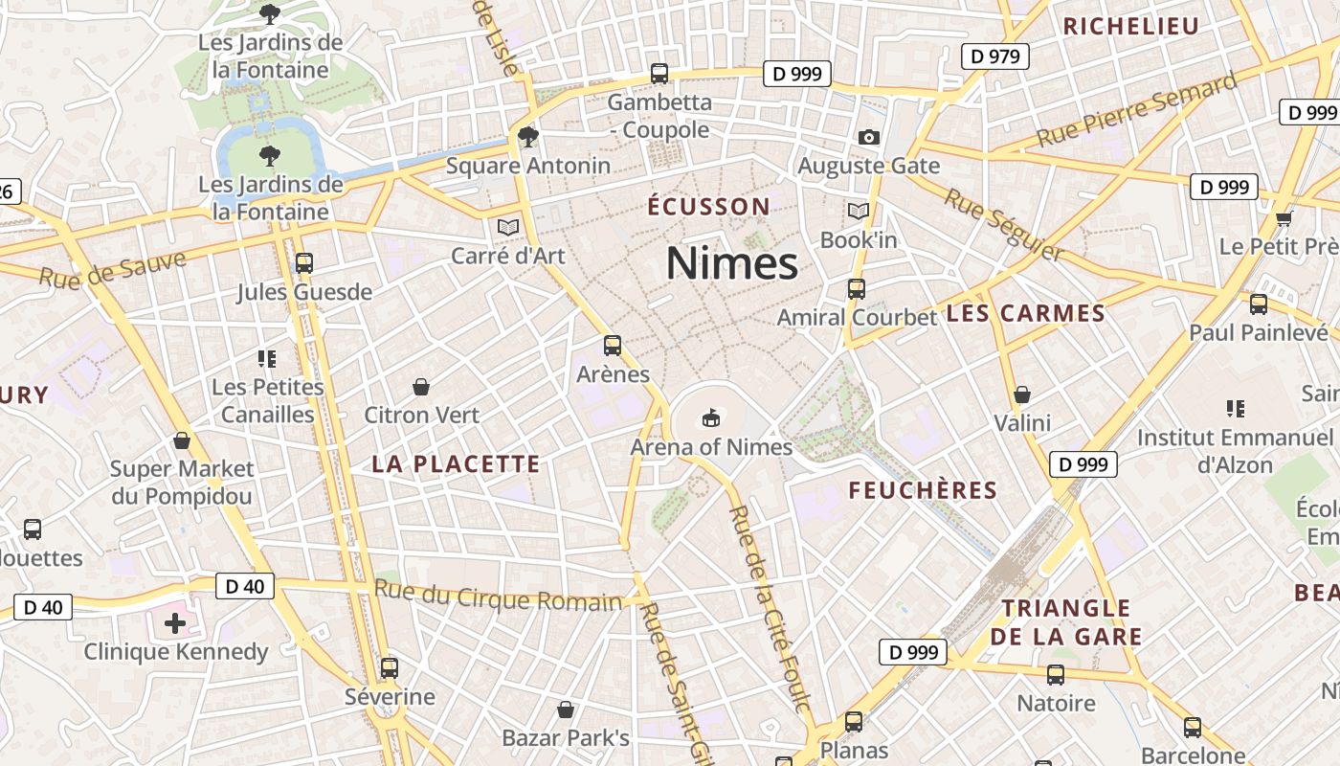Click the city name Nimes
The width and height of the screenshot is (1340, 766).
click(731, 263)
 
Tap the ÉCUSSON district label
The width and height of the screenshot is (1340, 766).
click(708, 207)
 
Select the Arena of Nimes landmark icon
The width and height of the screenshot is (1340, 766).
click(711, 417)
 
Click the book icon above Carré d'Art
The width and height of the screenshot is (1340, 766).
click(507, 227)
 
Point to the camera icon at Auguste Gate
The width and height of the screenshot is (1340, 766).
click(869, 137)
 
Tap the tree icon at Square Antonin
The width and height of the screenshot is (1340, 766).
click(527, 137)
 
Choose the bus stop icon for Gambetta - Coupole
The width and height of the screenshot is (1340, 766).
click(659, 73)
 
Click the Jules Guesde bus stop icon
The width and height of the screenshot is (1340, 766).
click(304, 262)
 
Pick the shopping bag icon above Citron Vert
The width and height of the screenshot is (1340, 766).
click(421, 386)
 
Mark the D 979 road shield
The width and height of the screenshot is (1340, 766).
click(995, 56)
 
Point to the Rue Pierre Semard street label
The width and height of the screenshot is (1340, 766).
click(1136, 111)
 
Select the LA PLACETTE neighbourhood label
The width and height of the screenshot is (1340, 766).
click(456, 464)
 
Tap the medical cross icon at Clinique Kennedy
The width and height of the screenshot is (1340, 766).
click(175, 624)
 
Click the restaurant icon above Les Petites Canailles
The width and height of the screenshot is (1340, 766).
click(267, 359)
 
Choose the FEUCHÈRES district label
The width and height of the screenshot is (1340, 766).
click(923, 490)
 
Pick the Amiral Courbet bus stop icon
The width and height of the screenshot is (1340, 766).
click(857, 288)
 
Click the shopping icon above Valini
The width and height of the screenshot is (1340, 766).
click(1022, 394)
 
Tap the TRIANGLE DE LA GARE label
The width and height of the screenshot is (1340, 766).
click(1066, 622)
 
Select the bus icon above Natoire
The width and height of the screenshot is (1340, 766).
click(1056, 675)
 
